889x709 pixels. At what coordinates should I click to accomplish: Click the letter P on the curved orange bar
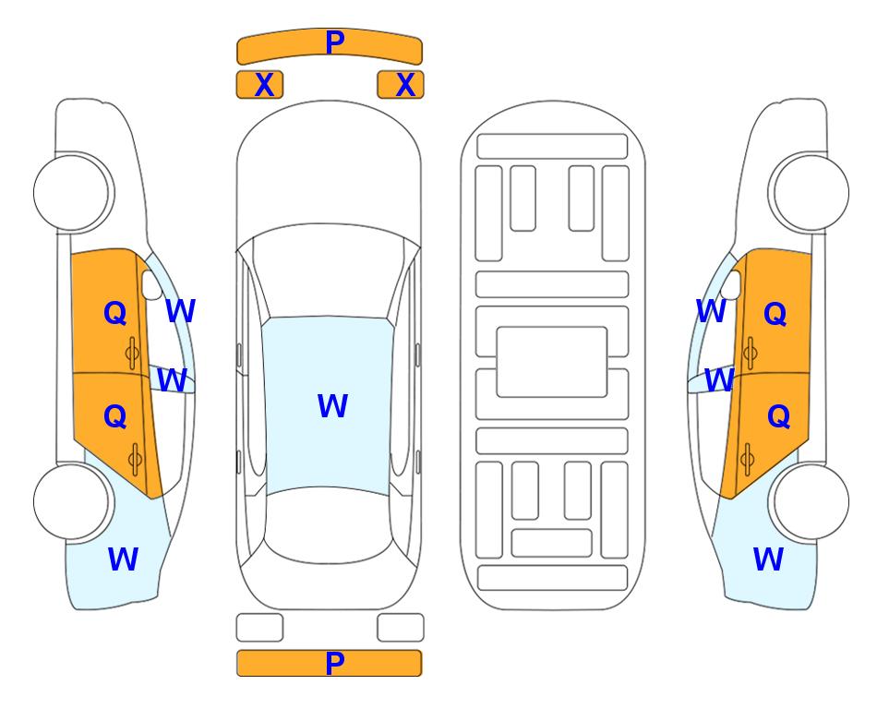click(335, 42)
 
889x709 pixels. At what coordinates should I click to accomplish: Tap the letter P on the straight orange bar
click(335, 663)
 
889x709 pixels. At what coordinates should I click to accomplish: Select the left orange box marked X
click(259, 85)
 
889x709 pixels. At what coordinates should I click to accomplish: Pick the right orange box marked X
click(401, 85)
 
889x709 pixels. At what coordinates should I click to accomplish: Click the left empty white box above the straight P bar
click(259, 628)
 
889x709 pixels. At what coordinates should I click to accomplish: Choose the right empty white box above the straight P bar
click(401, 628)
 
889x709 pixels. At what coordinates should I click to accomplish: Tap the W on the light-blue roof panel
click(332, 405)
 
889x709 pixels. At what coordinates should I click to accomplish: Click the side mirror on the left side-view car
click(152, 284)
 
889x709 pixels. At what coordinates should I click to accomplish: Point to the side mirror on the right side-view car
click(730, 284)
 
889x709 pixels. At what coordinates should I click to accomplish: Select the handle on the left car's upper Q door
click(132, 354)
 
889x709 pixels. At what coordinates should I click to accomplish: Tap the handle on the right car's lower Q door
click(747, 460)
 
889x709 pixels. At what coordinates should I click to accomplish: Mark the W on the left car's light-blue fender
click(123, 559)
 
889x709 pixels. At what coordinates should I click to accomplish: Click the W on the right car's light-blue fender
click(768, 559)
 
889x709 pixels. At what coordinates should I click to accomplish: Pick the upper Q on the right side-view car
click(775, 314)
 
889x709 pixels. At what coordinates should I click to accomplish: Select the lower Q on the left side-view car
click(115, 417)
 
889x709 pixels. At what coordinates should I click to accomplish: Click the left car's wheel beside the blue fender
click(72, 501)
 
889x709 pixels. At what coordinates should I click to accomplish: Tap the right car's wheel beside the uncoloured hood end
click(810, 193)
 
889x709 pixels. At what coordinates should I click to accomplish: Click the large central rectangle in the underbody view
click(552, 362)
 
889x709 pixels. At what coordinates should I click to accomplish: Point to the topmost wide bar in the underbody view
click(552, 147)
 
